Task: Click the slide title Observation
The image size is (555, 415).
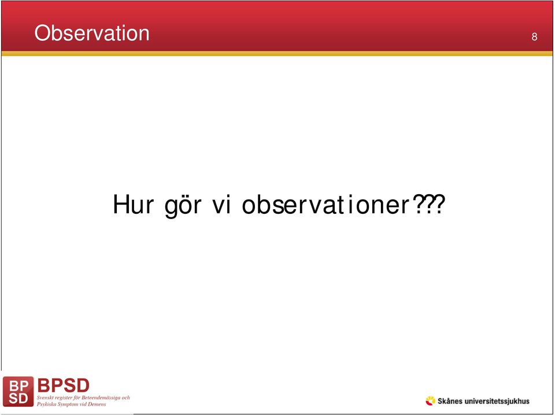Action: pyautogui.click(x=92, y=34)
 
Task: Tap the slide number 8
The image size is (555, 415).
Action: pyautogui.click(x=534, y=36)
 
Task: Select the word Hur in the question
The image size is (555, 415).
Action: pyautogui.click(x=134, y=205)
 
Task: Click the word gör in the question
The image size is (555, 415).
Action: pyautogui.click(x=183, y=206)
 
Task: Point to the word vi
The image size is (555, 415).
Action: pyautogui.click(x=221, y=205)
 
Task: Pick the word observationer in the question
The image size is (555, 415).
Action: pyautogui.click(x=325, y=205)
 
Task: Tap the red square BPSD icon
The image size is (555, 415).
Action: pyautogui.click(x=18, y=391)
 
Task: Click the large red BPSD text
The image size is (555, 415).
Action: pyautogui.click(x=64, y=386)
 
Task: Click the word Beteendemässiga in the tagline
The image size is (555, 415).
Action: pyautogui.click(x=98, y=398)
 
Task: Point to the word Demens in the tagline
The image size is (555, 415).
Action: pyautogui.click(x=97, y=404)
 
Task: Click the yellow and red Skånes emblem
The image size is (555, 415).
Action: pyautogui.click(x=430, y=401)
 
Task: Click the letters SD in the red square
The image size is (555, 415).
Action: pyautogui.click(x=18, y=399)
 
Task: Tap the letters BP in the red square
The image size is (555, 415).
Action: pyautogui.click(x=18, y=386)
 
